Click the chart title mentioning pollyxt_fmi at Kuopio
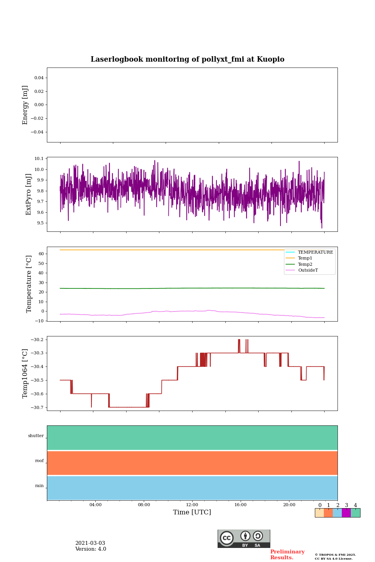187,59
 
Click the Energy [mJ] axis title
25,105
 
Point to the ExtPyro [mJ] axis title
29,194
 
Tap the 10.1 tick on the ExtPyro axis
39,158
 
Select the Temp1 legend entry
305,258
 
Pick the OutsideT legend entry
308,270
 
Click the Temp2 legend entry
305,265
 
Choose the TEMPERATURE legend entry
315,253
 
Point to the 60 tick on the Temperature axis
41,254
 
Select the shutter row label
36,436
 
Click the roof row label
39,461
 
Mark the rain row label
39,486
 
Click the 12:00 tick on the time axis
192,505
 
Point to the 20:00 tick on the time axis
289,505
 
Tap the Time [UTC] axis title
192,512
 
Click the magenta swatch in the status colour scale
346,513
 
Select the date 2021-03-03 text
90,543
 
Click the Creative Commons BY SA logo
244,539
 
